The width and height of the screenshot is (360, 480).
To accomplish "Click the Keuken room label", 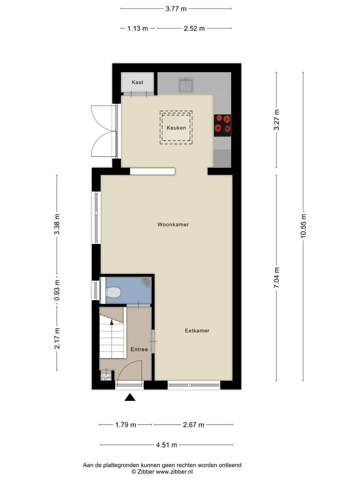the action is (176, 127).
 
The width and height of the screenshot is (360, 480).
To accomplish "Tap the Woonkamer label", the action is (173, 224).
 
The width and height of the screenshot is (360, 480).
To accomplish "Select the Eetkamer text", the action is (197, 330).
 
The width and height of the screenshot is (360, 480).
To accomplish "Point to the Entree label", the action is (139, 349).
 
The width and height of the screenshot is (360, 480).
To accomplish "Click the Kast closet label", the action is (137, 82).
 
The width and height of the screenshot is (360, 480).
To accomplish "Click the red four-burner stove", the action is (222, 125).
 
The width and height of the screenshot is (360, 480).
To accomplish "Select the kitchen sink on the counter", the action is (186, 85).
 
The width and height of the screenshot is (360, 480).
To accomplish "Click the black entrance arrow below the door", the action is (130, 397).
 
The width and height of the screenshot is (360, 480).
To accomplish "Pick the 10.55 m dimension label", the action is (303, 225).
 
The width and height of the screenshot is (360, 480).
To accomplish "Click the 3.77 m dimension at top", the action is (176, 8).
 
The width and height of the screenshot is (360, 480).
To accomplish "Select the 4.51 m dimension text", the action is (166, 445).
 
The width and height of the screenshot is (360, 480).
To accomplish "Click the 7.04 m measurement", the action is (276, 277).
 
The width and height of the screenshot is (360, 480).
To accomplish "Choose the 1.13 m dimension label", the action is (138, 28).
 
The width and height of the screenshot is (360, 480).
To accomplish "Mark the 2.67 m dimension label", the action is (193, 424).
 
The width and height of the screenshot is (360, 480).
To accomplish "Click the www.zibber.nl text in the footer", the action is (174, 471).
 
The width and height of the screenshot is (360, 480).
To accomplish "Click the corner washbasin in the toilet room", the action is (146, 281).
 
